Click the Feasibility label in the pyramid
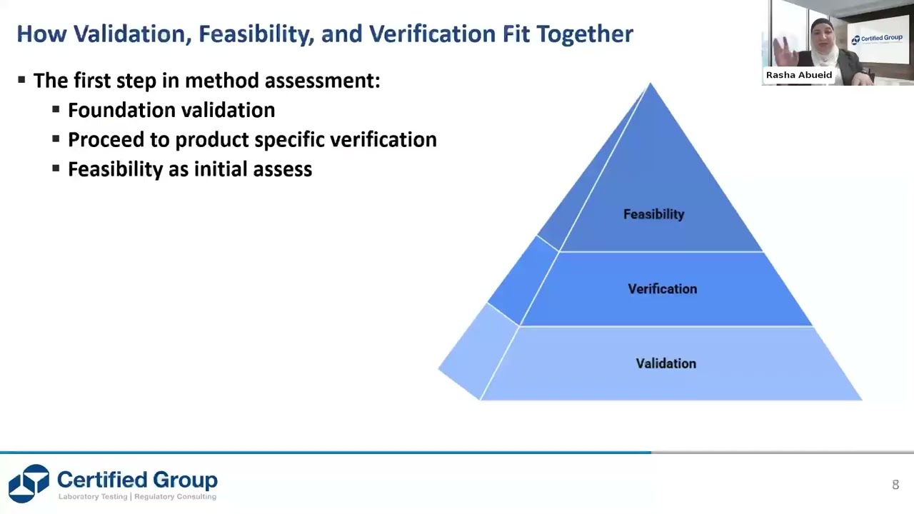[x=653, y=214]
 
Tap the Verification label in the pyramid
[x=662, y=289]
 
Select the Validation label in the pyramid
[x=666, y=364]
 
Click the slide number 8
[x=895, y=485]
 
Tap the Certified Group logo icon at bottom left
[x=29, y=483]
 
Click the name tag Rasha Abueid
[x=798, y=75]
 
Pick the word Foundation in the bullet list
[x=117, y=110]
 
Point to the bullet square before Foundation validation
[x=56, y=110]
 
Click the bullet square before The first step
[x=21, y=80]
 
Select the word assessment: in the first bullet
[x=322, y=81]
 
